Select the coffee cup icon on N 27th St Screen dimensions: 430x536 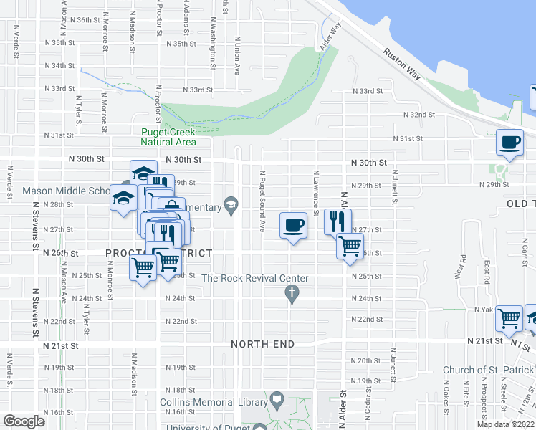tap(293, 226)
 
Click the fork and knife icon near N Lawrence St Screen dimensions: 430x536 tap(338, 221)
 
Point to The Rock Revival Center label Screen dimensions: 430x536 tap(255, 278)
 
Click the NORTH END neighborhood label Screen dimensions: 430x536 tap(263, 344)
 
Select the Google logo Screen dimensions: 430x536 tap(24, 421)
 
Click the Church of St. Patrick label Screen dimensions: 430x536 tap(488, 370)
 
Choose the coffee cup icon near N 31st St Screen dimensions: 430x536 tap(510, 141)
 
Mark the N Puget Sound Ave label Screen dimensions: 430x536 tap(262, 201)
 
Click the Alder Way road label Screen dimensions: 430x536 tap(330, 36)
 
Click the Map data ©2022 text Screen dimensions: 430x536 tap(505, 424)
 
